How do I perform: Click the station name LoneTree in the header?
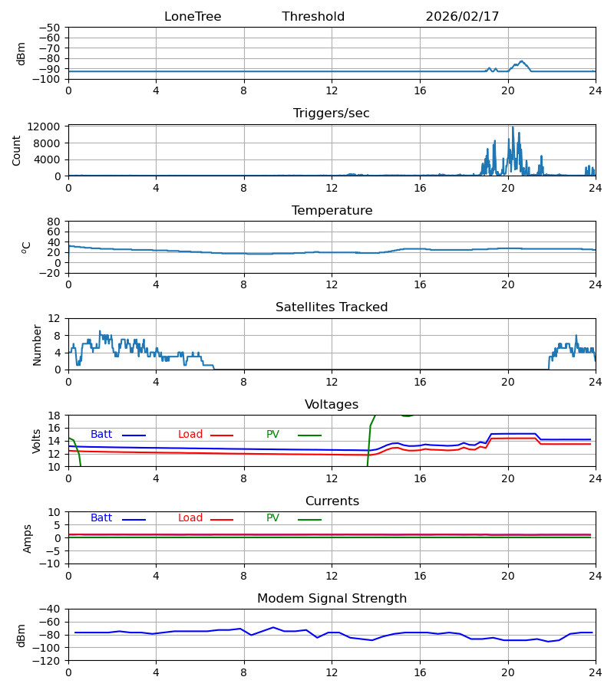point(193,17)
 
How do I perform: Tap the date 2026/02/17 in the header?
point(462,17)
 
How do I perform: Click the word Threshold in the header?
point(313,17)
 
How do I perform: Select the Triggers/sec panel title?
point(332,113)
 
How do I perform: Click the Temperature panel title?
point(332,211)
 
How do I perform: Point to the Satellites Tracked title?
point(332,307)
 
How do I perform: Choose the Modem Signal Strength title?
point(332,599)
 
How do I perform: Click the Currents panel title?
point(332,501)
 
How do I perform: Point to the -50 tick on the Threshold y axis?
point(49,28)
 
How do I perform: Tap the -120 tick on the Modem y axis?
point(48,661)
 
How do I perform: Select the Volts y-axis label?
point(37,441)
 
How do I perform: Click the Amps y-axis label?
point(28,538)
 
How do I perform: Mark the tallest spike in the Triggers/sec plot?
point(513,128)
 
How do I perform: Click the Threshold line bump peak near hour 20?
point(522,61)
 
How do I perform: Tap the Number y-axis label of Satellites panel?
point(37,344)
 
